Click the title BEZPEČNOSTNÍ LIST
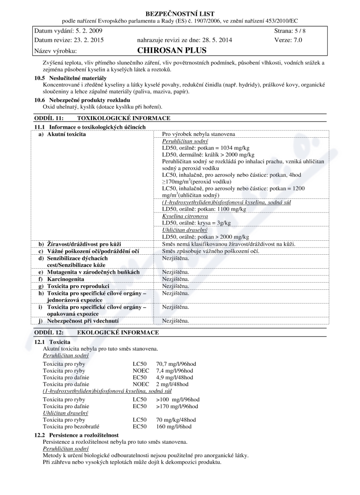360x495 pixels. (180, 13)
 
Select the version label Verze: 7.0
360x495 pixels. (288, 40)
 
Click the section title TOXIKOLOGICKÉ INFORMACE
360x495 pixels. (124, 118)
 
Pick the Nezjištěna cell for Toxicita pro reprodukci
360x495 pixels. (175, 286)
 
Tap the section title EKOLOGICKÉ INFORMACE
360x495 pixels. (118, 333)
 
